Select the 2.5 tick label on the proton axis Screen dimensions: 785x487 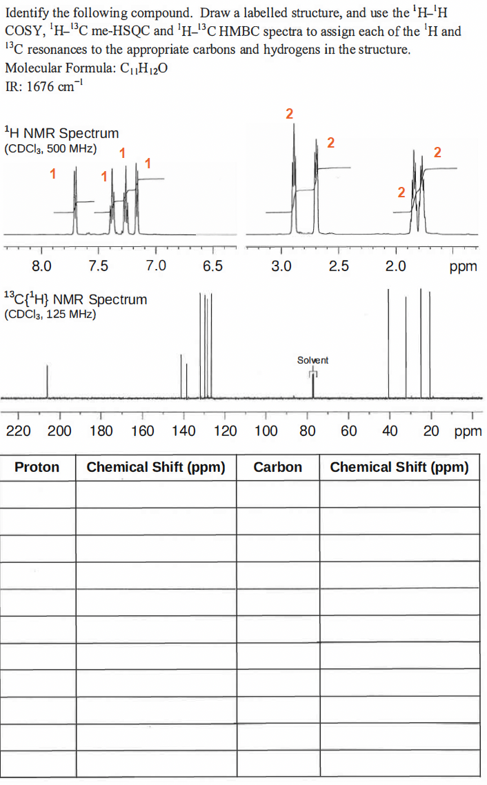pos(339,266)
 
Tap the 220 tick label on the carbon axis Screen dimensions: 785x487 pos(17,431)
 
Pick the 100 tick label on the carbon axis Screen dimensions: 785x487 pos(266,431)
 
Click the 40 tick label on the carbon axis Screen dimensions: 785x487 pos(390,431)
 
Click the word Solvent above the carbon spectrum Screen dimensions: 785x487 pos(312,360)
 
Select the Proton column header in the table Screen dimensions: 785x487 pos(37,467)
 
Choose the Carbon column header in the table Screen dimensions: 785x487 pos(277,467)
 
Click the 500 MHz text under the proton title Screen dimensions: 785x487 pos(71,148)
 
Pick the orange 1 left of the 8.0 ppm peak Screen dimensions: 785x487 pos(52,173)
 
